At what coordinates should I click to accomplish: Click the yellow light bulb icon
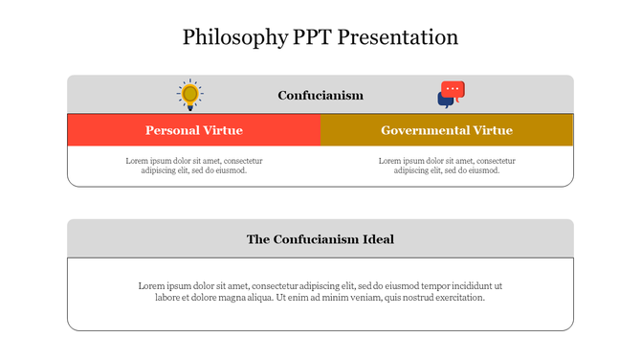click(189, 94)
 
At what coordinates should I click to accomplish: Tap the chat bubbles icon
click(451, 94)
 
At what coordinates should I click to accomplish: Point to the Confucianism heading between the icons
click(320, 95)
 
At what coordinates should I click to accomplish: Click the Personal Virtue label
click(193, 130)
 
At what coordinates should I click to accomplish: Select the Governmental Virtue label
click(447, 130)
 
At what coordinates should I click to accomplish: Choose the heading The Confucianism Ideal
click(320, 239)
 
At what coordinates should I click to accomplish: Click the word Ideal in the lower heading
click(376, 239)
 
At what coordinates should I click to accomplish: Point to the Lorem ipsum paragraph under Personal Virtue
click(193, 166)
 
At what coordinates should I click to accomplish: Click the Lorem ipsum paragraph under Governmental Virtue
click(447, 166)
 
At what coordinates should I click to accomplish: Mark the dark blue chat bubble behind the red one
click(444, 100)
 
